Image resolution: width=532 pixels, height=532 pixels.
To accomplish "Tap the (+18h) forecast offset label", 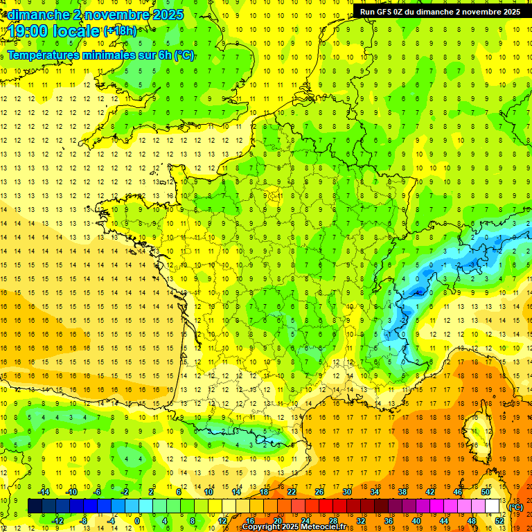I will pos(120,30).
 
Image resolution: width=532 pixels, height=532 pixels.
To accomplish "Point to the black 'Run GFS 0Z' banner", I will pos(440,11).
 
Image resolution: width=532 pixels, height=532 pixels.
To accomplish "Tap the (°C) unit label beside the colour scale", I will pos(516,507).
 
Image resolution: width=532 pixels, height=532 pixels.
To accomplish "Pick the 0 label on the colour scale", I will pos(138,520).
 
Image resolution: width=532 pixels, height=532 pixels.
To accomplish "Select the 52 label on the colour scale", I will pos(499,520).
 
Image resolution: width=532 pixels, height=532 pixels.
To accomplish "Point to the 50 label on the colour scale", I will pos(486,492).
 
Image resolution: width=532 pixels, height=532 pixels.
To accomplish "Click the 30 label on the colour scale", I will pos(346,492).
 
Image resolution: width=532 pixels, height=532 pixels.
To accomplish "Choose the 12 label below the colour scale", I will pos(222,520).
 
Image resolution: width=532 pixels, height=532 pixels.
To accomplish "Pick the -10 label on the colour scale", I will pos(71,492).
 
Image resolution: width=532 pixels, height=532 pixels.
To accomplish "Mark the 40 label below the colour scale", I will pos(416,520).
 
